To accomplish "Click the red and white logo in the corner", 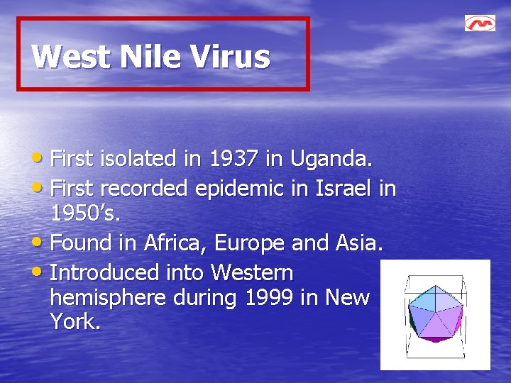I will pyautogui.click(x=480, y=23).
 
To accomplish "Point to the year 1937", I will pyautogui.click(x=233, y=159).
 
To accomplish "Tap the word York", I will pyautogui.click(x=75, y=322).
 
